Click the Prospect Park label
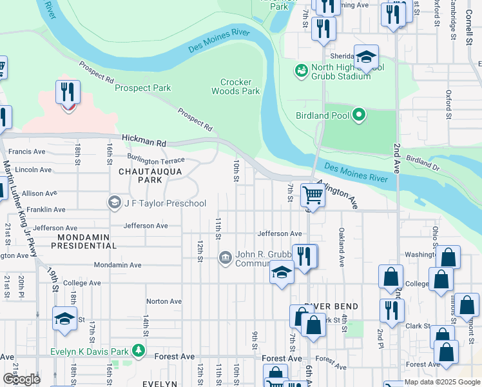[142, 88]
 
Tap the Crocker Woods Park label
[240, 87]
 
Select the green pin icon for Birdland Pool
[359, 116]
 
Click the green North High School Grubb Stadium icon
[300, 70]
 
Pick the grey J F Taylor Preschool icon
[114, 203]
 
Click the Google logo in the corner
[21, 379]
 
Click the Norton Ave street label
[164, 301]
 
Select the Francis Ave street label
[30, 152]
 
